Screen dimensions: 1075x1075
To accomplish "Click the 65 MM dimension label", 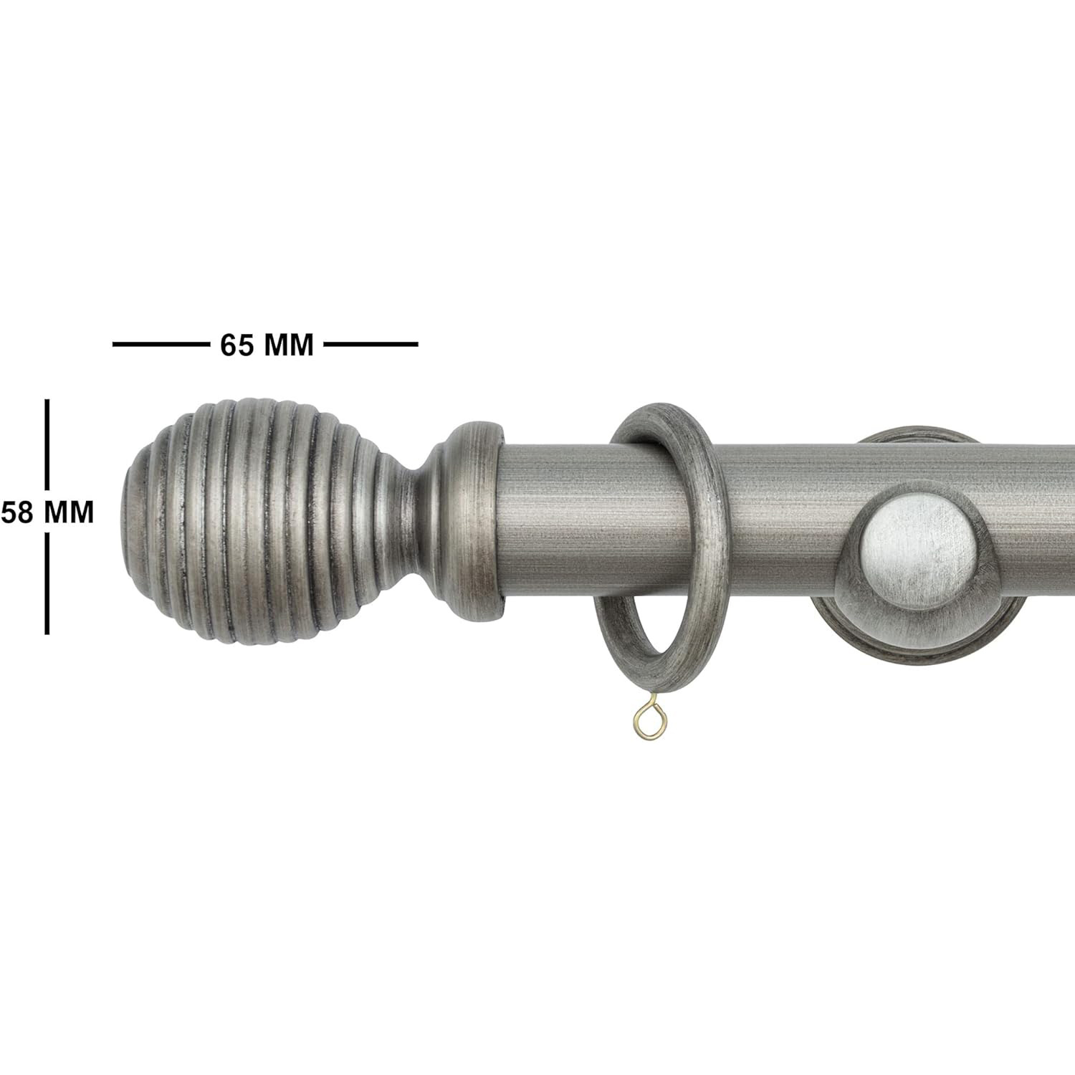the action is pyautogui.click(x=267, y=345).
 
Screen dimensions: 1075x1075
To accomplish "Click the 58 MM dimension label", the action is pyautogui.click(x=47, y=512).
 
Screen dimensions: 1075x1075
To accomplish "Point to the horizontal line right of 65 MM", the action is pyautogui.click(x=371, y=345).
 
